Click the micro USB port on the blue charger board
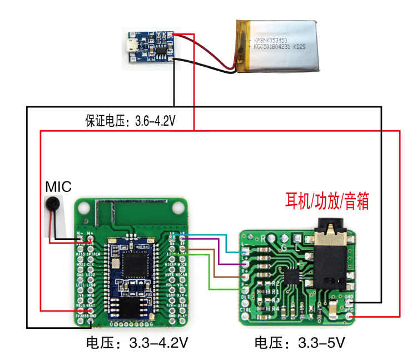(133, 47)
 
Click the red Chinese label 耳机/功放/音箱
(327, 201)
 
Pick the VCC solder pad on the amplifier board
(349, 317)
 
